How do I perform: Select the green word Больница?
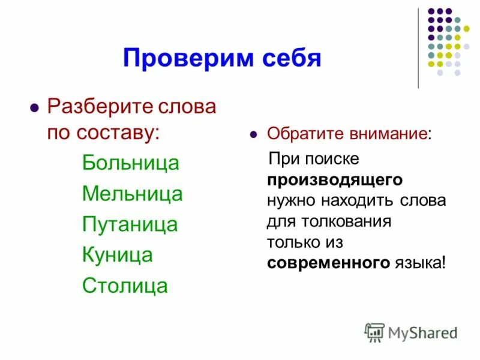point(130,163)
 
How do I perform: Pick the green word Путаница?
point(130,224)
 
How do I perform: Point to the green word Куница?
point(117,254)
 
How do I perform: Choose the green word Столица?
point(124,285)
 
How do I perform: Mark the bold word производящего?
point(335,179)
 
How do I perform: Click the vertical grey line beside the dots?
point(418,48)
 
